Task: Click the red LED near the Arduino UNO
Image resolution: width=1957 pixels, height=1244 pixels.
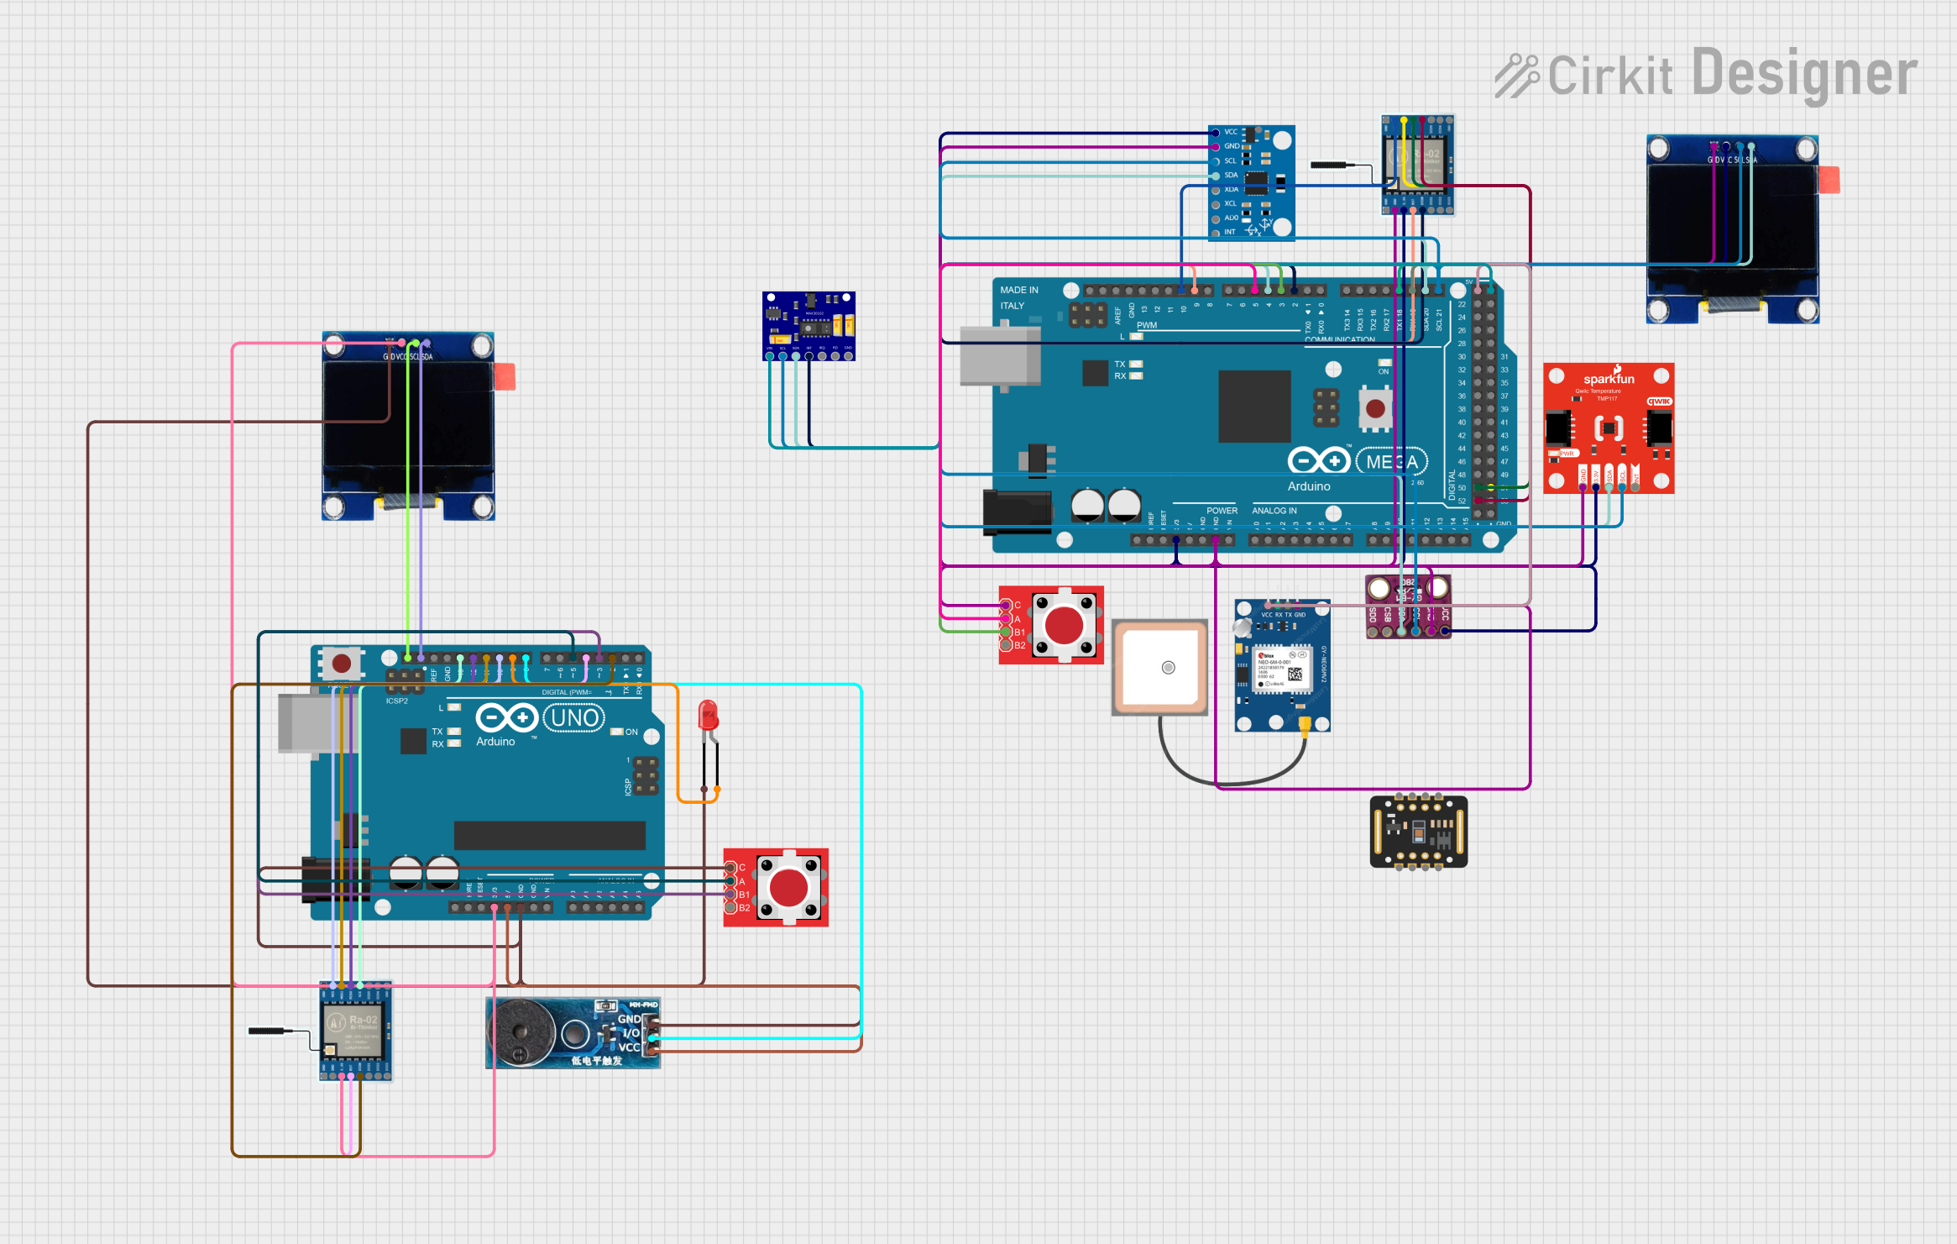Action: point(708,716)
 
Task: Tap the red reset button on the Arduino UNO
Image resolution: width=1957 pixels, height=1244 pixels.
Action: point(341,664)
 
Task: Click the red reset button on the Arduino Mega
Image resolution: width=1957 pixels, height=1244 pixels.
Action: point(1375,408)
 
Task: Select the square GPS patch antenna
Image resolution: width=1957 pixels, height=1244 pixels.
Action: point(1159,667)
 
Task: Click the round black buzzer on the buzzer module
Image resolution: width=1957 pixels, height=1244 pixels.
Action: point(521,1033)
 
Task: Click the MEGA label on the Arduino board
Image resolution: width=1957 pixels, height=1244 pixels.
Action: point(1391,462)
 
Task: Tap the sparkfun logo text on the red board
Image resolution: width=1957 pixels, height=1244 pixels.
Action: point(1609,379)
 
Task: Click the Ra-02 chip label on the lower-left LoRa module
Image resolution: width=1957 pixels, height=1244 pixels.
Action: point(364,1020)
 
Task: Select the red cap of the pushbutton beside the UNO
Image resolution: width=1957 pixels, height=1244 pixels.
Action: point(788,888)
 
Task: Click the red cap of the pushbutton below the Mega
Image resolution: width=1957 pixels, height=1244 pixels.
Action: point(1064,625)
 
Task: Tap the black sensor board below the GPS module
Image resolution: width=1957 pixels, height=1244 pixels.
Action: point(1418,832)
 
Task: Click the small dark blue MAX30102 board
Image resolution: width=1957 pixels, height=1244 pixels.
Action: point(808,325)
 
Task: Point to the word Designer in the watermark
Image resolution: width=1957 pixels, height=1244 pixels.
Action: point(1804,74)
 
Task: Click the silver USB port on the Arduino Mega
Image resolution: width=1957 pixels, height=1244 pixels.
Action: point(999,356)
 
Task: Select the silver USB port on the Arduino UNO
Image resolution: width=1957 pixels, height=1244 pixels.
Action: point(307,722)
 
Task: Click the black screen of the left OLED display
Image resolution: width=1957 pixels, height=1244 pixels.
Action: point(408,425)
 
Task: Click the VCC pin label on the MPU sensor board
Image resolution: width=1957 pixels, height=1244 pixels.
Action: point(1231,132)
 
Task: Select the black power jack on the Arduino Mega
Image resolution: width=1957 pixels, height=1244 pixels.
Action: point(1017,511)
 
